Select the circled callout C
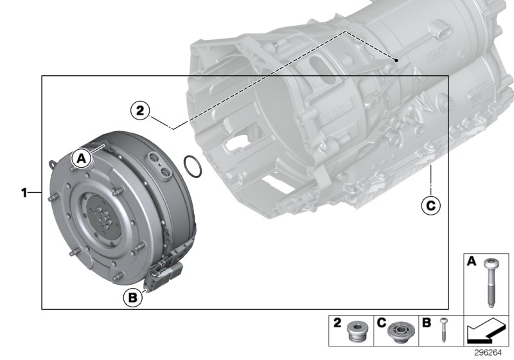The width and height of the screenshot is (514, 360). (430, 205)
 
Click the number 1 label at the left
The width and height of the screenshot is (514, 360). (24, 192)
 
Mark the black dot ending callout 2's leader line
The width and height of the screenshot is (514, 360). (398, 60)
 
